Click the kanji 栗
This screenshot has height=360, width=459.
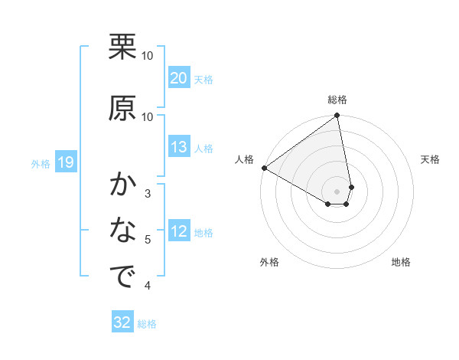click(x=122, y=47)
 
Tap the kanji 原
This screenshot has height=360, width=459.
click(x=122, y=108)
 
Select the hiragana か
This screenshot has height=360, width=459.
click(x=122, y=186)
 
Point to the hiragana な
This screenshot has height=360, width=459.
click(x=122, y=230)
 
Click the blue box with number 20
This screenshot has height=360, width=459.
click(x=178, y=78)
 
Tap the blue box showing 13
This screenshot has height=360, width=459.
click(x=178, y=148)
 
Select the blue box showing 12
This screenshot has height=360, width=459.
click(x=178, y=232)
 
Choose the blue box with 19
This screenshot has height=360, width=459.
click(x=65, y=162)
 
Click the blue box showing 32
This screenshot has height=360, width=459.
click(x=122, y=322)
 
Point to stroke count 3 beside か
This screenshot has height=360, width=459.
click(x=148, y=193)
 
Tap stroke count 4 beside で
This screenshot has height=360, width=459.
click(x=148, y=286)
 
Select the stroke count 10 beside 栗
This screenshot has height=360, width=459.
click(x=148, y=56)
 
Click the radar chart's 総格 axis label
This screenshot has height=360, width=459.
click(x=337, y=100)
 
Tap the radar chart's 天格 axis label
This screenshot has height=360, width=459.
click(x=430, y=159)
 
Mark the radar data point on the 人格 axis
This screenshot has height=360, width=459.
click(x=264, y=168)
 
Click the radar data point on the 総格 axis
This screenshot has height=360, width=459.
click(x=337, y=116)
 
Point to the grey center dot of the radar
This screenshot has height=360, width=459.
click(x=337, y=191)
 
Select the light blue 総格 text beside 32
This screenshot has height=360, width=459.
click(x=147, y=324)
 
